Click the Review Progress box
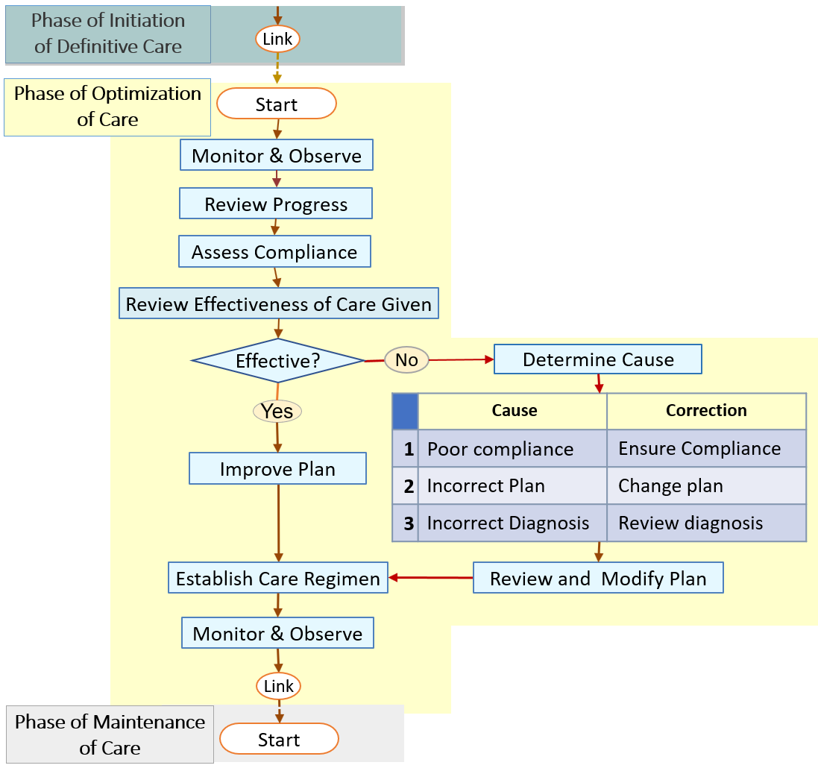(x=276, y=204)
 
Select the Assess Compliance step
(x=274, y=252)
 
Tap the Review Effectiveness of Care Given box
(x=278, y=304)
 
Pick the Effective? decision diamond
(x=277, y=361)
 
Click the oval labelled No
(x=406, y=360)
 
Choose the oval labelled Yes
(x=277, y=410)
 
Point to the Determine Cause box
(x=598, y=359)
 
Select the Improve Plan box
(x=277, y=469)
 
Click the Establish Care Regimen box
(x=278, y=579)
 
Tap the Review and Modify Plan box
(x=598, y=579)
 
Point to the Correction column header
(x=706, y=411)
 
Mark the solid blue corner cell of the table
(x=406, y=411)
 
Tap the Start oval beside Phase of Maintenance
(x=279, y=740)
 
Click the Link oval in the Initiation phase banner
(x=277, y=38)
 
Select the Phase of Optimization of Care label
(x=108, y=107)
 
